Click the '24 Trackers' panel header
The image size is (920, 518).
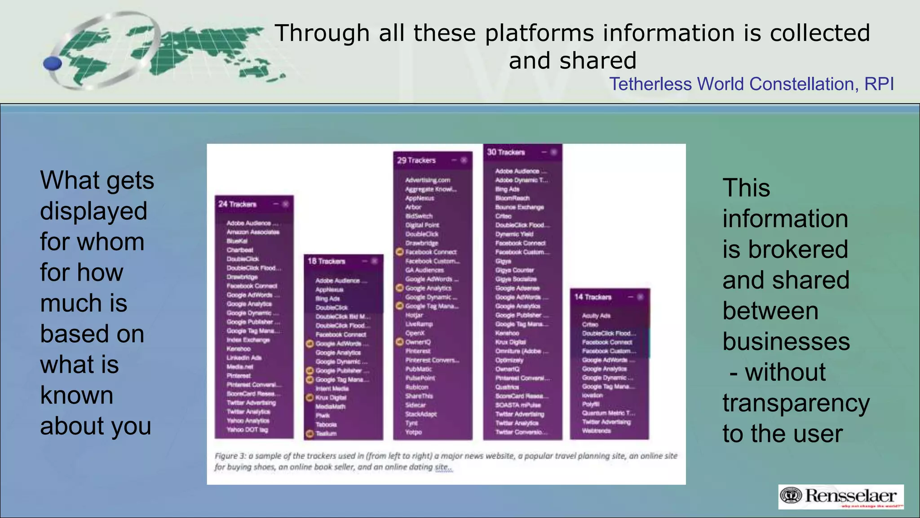click(x=238, y=204)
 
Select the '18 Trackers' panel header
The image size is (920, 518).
click(x=327, y=261)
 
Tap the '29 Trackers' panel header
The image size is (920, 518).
click(x=416, y=161)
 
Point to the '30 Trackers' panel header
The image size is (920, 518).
click(x=506, y=152)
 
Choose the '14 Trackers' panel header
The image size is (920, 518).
click(x=593, y=297)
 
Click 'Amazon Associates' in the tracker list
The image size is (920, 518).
click(x=253, y=232)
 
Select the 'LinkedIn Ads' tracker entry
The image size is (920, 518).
click(x=244, y=358)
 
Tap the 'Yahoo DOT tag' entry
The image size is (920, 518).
click(x=248, y=430)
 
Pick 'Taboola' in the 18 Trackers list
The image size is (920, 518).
click(x=326, y=424)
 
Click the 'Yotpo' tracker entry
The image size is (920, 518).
click(x=413, y=432)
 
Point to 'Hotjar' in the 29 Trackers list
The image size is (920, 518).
click(x=414, y=315)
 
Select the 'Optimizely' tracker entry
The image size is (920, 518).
click(x=509, y=360)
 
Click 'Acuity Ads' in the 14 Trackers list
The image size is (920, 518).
click(x=596, y=316)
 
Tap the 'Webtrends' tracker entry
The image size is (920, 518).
click(x=596, y=431)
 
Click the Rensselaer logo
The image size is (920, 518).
click(x=841, y=497)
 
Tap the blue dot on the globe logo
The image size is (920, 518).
click(x=53, y=64)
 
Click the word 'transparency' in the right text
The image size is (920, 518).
click(x=796, y=403)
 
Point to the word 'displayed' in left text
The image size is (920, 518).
click(x=93, y=211)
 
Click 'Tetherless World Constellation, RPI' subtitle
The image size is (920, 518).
click(x=751, y=84)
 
